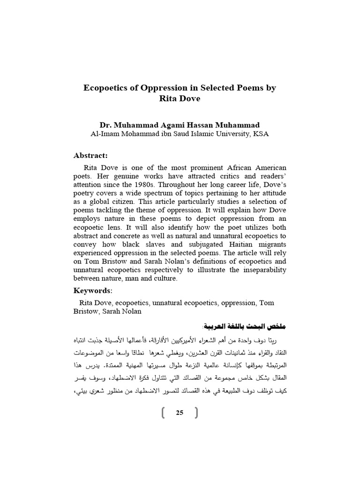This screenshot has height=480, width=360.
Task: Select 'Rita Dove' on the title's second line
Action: coord(180,98)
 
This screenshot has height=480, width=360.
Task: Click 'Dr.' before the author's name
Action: coord(105,125)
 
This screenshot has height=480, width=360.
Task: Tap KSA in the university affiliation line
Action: coord(260,134)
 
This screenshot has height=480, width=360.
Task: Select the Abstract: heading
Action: coord(90,155)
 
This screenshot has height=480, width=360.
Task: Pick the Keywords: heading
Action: coord(93,291)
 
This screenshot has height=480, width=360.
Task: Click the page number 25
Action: coord(180,412)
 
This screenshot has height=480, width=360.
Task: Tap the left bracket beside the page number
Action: coord(163,412)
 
